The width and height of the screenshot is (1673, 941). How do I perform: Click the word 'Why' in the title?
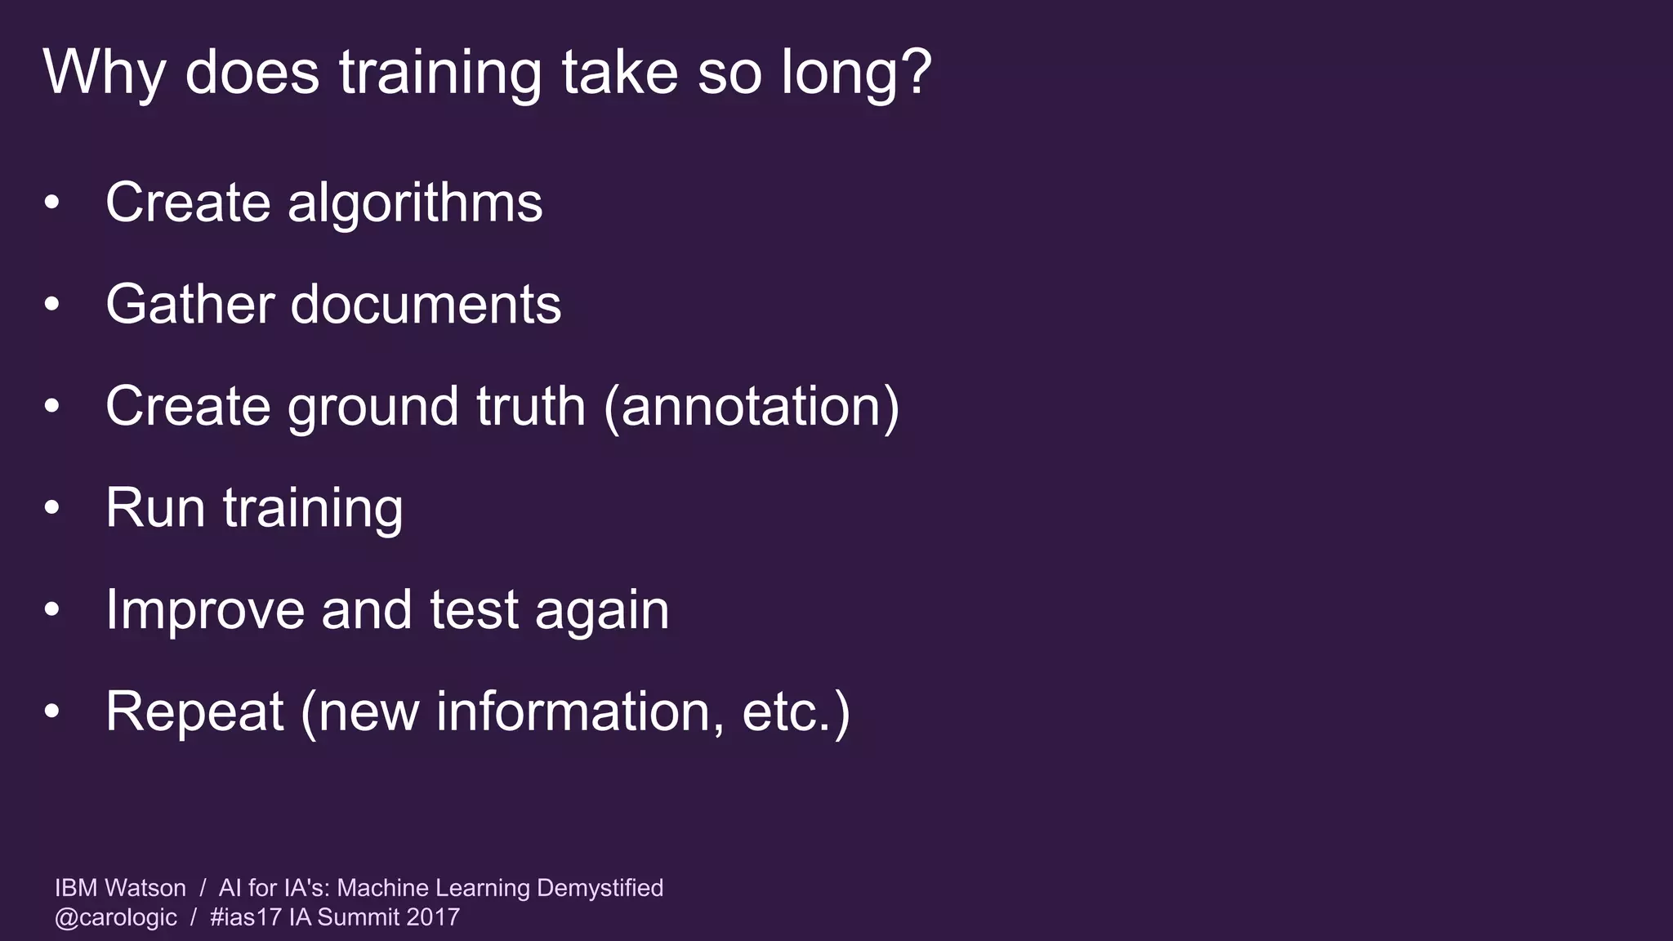[104, 74]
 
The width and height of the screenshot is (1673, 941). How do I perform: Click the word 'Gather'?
[189, 305]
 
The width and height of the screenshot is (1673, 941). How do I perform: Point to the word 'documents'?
[426, 305]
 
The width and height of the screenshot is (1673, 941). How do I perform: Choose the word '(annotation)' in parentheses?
[752, 406]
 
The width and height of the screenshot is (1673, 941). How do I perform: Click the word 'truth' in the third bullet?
[531, 406]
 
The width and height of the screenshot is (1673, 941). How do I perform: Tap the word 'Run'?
[155, 508]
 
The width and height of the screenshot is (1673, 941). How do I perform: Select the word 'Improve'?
[205, 610]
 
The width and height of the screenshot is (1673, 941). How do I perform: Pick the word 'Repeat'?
[194, 711]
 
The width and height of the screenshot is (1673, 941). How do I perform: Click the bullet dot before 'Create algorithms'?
[52, 203]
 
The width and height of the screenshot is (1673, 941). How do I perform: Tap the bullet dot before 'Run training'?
[52, 508]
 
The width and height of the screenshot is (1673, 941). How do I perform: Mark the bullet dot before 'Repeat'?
[52, 711]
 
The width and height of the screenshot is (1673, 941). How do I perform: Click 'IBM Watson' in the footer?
[120, 888]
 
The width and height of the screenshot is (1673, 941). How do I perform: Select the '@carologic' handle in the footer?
[115, 917]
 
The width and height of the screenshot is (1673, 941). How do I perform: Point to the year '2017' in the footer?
[433, 917]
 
